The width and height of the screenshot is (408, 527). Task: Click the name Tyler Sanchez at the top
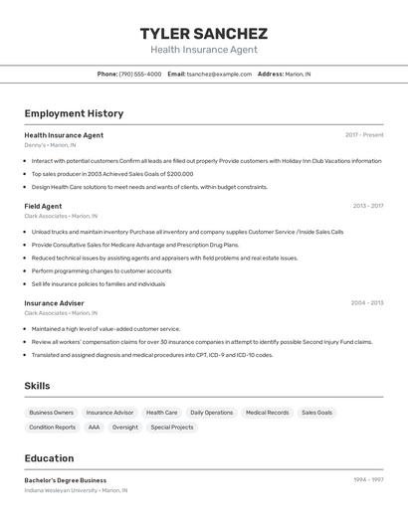pos(203,34)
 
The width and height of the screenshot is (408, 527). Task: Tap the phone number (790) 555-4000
pos(139,74)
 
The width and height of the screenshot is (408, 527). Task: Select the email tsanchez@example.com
pos(219,74)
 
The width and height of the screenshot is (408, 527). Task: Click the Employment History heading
pos(74,113)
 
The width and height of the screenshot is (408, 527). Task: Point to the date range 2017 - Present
pos(364,134)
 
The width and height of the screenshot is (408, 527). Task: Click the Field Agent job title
pos(43,206)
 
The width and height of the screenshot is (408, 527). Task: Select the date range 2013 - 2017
pos(367,206)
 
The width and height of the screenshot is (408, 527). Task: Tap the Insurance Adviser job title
pos(54,302)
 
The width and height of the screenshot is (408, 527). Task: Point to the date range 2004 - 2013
pos(367,302)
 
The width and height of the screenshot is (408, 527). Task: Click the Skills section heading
pos(37,386)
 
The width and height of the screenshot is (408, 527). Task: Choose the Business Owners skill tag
pos(51,412)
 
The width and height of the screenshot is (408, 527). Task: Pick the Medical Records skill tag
pos(267,412)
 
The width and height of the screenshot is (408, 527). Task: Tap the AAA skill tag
pos(94,427)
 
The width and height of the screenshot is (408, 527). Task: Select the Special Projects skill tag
pos(172,427)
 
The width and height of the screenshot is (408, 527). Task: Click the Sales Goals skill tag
pos(316,412)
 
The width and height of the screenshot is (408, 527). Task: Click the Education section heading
pos(49,458)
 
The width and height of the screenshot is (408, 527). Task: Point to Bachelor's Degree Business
pos(65,479)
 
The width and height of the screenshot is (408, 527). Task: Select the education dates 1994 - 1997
pos(368,479)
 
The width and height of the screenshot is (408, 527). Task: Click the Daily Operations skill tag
pos(211,412)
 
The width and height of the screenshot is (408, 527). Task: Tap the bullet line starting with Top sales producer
pos(111,173)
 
